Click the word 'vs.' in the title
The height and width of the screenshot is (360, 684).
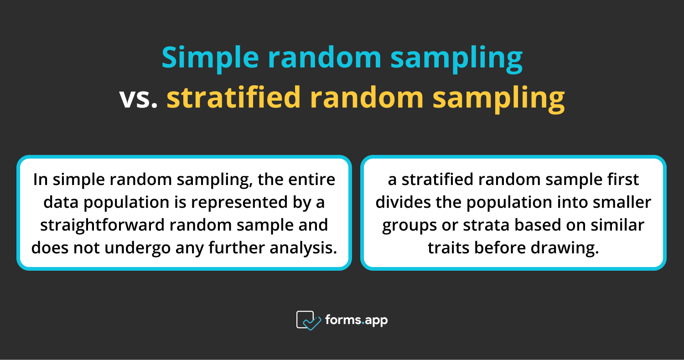pos(138,98)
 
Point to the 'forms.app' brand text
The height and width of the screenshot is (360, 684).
pos(356,320)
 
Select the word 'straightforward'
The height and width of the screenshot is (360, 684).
pos(99,225)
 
